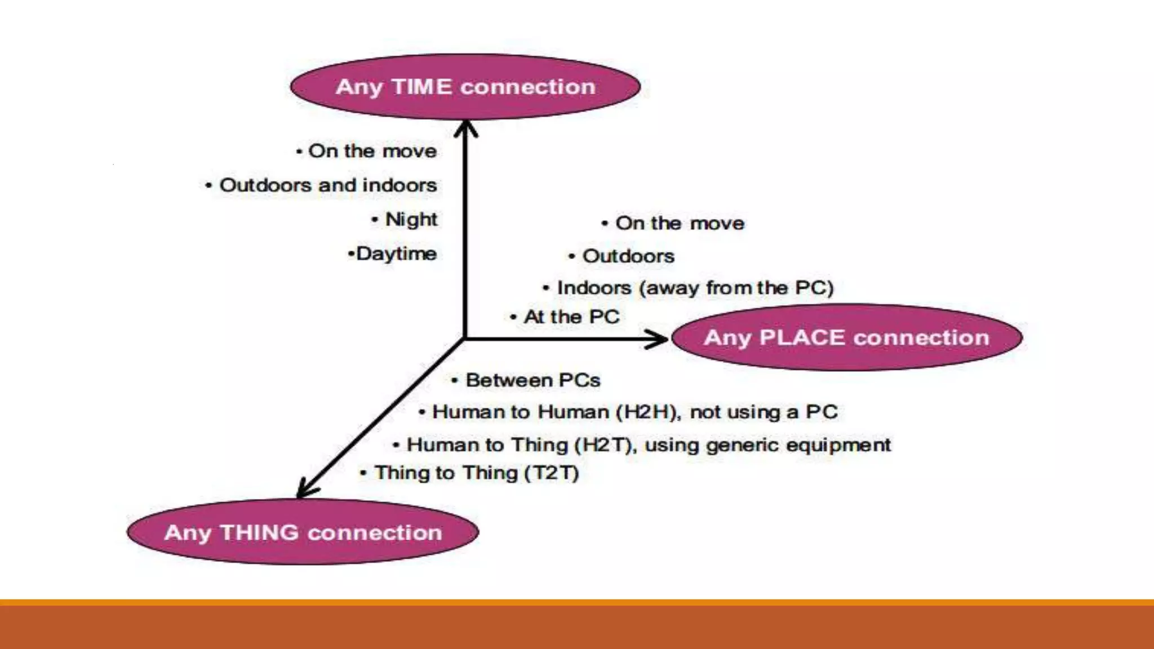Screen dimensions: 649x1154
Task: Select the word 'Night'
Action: coord(411,219)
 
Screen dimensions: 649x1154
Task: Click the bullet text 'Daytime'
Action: coord(396,254)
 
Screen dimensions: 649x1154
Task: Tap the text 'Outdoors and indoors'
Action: coord(328,185)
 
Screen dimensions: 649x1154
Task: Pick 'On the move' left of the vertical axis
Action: coord(372,151)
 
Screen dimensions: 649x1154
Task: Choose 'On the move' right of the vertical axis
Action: coord(680,223)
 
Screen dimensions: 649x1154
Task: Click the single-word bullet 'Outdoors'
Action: coord(628,256)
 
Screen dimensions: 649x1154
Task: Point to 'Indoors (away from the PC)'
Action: coord(695,288)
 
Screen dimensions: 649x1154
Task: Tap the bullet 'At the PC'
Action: coord(571,317)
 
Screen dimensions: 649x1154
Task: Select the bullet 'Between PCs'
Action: coord(532,380)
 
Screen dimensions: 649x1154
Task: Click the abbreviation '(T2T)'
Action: coord(551,473)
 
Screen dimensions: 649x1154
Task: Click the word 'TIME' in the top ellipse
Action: coord(421,87)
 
